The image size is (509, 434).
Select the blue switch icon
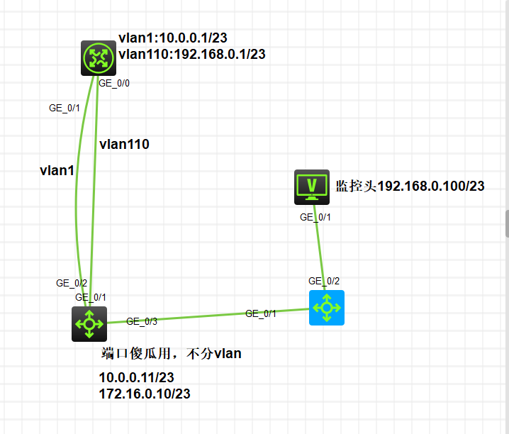point(326,308)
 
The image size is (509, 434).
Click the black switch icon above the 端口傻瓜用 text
point(89,324)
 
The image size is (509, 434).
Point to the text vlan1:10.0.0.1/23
point(172,38)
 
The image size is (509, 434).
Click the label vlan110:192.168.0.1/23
point(192,53)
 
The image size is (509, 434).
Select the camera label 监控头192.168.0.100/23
point(410,187)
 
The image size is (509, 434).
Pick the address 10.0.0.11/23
point(136,378)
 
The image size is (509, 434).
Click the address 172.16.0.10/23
point(145,394)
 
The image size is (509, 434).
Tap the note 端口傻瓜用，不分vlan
point(172,353)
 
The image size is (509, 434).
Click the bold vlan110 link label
point(124,144)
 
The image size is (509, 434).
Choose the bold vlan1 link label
point(57,170)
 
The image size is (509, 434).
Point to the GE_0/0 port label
point(113,83)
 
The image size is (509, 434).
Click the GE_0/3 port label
point(142,321)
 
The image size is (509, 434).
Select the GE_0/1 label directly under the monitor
point(315,217)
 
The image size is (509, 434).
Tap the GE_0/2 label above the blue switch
point(324,281)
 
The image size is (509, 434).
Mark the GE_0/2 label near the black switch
point(72,283)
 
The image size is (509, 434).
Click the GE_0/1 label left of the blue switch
point(261,313)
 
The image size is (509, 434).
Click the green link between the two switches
point(206,317)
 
